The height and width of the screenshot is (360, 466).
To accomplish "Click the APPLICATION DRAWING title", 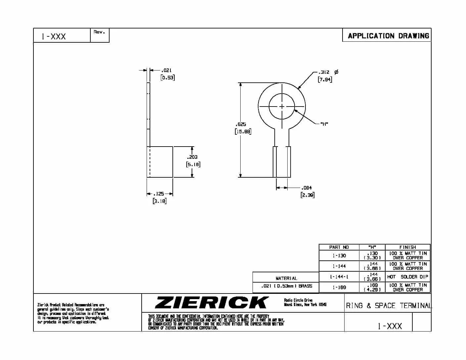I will [x=388, y=36].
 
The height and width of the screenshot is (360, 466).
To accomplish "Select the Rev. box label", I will [x=99, y=32].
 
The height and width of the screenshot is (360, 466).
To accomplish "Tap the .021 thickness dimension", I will [x=166, y=70].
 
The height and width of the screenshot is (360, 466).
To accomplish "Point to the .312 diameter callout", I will [x=324, y=72].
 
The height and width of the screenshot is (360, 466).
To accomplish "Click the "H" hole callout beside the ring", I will [x=324, y=124].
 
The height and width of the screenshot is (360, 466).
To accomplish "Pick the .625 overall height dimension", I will [x=241, y=124].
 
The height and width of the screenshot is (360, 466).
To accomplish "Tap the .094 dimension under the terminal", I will [x=306, y=188].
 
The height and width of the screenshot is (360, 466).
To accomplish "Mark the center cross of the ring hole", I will [x=282, y=106].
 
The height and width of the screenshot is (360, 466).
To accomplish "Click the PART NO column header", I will [x=339, y=247].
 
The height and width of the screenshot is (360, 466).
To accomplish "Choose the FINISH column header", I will [x=407, y=247].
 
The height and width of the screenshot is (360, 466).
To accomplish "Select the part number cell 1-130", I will [x=339, y=255].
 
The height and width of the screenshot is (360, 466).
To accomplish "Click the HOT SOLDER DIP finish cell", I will [x=407, y=277].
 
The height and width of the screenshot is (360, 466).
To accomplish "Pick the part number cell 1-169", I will [x=339, y=287].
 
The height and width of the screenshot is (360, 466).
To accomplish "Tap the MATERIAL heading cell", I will [x=286, y=278].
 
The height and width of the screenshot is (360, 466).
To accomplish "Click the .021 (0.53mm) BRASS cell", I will [x=286, y=286].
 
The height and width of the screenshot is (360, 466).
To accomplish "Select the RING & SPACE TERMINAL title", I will [x=389, y=306].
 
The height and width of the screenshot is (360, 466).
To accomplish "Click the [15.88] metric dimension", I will [x=243, y=131].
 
